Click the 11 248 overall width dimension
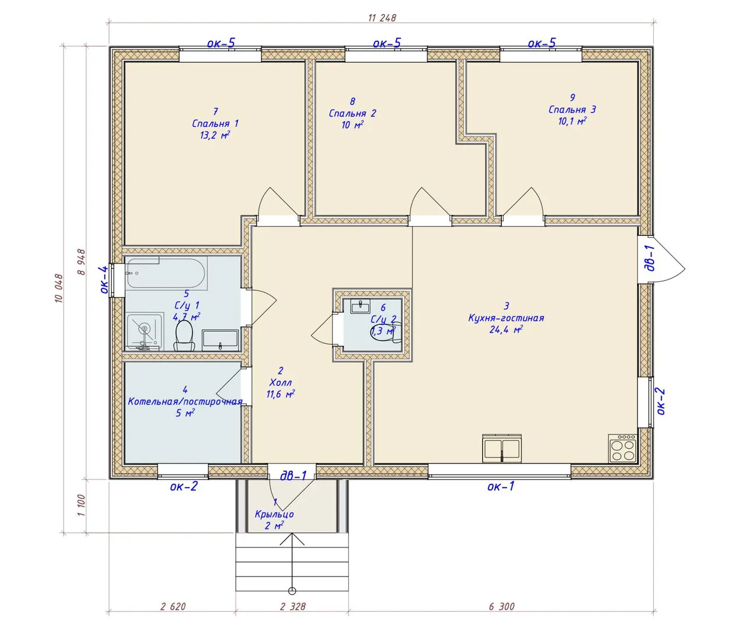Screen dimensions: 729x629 point(383,17)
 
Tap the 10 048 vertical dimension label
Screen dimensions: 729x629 point(59,288)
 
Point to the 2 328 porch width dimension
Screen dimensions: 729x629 point(293,606)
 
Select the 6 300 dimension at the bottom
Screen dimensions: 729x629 point(501,606)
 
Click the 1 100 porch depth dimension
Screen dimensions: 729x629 point(81,505)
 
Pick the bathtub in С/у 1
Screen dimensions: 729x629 point(166,273)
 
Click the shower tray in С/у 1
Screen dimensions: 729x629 point(144,331)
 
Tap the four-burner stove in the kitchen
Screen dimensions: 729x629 point(622,448)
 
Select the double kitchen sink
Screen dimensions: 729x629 point(502,448)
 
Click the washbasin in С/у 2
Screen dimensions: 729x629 point(360,306)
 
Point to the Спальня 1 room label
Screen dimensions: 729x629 point(215,123)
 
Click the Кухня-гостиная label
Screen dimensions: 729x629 point(506,318)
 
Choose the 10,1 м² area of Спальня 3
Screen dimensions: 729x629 point(572,121)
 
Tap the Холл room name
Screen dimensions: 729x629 point(281,383)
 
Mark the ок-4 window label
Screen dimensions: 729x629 point(104,280)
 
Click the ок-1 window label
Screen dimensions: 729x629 point(501,486)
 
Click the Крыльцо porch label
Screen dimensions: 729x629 point(274,514)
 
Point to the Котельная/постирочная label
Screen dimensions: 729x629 point(185,401)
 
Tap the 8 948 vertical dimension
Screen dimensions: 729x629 point(81,262)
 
